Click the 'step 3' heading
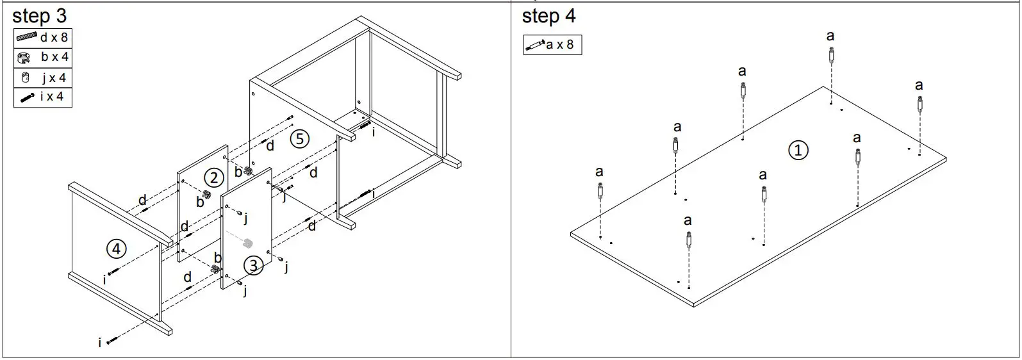(x=39, y=15)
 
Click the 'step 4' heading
(x=548, y=15)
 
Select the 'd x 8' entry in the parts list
(x=42, y=37)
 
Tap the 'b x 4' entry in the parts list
(x=42, y=57)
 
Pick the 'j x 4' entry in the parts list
(x=42, y=78)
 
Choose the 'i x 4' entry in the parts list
(x=42, y=97)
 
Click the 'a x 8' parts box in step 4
(x=552, y=45)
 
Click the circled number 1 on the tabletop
(x=798, y=151)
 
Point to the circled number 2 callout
(x=213, y=177)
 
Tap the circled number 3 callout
(x=253, y=265)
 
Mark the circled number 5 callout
(x=299, y=138)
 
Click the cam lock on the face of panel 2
(x=208, y=194)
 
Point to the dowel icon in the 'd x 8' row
(x=28, y=37)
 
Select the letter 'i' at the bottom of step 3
(x=100, y=343)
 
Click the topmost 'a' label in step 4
(x=830, y=37)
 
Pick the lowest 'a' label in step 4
(x=688, y=221)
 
